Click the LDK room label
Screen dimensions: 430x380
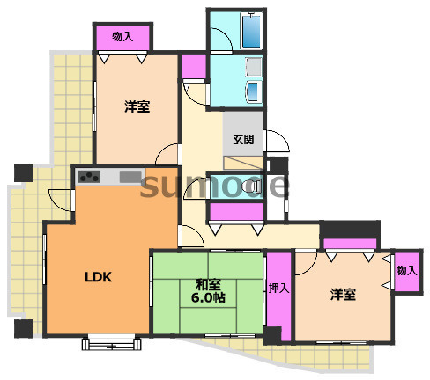(x=98, y=277)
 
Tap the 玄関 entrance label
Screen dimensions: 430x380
(x=243, y=139)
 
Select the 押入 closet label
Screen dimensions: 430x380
(x=279, y=289)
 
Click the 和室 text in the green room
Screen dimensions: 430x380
(x=208, y=284)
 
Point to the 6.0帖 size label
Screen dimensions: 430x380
(x=208, y=297)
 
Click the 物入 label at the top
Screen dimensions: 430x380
(x=122, y=37)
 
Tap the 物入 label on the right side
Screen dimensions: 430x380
(x=407, y=270)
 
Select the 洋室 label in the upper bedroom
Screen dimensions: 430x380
(x=137, y=106)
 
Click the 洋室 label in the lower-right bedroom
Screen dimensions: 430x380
(x=343, y=294)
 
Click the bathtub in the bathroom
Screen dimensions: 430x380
(x=251, y=31)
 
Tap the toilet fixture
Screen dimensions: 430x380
(x=253, y=186)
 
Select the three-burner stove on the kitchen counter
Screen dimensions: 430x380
(x=89, y=177)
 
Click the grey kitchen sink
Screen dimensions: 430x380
(x=130, y=177)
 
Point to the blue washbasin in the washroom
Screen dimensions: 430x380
(x=253, y=91)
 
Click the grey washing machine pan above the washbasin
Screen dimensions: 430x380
(x=253, y=67)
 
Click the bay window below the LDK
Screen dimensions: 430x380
(x=111, y=342)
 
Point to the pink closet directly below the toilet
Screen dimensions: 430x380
(x=236, y=211)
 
